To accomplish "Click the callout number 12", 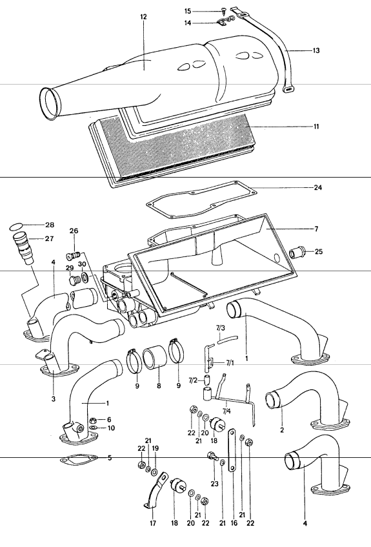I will pos(143,15).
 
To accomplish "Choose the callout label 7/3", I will pos(220,329).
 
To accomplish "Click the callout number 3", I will pos(54,398).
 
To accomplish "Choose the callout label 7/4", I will pos(226,409).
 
